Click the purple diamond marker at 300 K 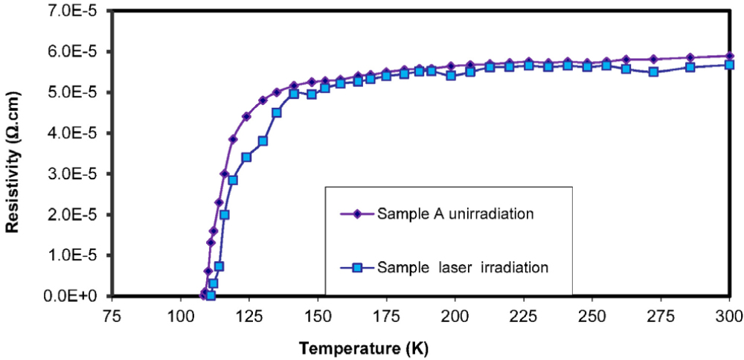tap(729, 56)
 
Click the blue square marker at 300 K tap(729, 65)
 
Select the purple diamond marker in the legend tap(356, 213)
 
